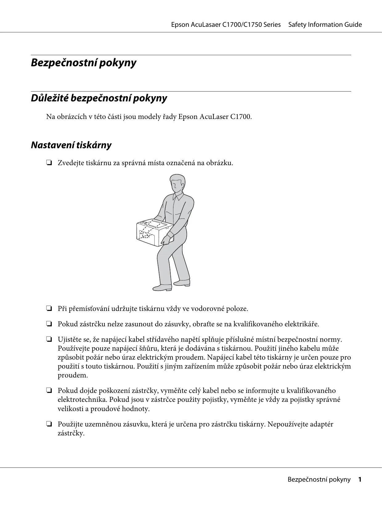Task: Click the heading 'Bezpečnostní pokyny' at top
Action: click(83, 63)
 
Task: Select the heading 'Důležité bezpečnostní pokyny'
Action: click(99, 98)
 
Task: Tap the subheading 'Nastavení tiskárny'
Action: click(71, 145)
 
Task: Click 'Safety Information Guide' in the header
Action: click(325, 25)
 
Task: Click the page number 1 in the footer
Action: click(360, 479)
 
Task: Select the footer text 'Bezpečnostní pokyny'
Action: click(319, 479)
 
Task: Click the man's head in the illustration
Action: click(177, 184)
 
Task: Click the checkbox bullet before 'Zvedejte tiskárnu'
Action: click(49, 163)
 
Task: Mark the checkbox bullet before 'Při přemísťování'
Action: click(49, 309)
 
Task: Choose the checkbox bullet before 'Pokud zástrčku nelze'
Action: click(49, 324)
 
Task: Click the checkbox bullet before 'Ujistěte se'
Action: click(49, 340)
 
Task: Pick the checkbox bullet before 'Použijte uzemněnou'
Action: click(49, 425)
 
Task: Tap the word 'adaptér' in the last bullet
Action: click(320, 424)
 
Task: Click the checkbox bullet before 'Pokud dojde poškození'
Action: click(49, 391)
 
